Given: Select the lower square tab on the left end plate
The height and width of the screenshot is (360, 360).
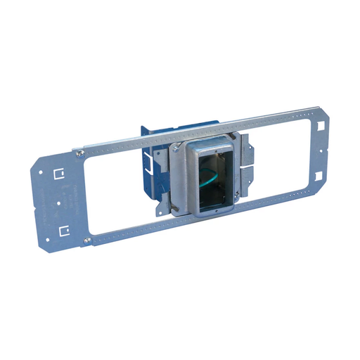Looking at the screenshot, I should (x=65, y=229).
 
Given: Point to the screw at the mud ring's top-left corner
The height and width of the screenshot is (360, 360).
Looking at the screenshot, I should (x=173, y=149).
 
